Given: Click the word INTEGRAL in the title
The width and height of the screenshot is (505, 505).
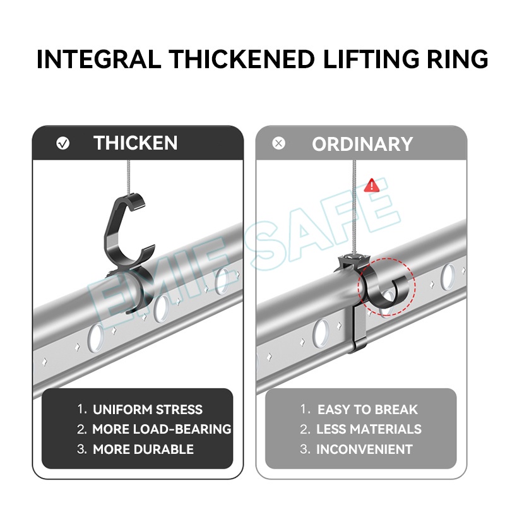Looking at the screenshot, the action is click(99, 59).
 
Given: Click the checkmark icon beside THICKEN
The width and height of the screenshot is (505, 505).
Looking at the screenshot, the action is click(62, 143).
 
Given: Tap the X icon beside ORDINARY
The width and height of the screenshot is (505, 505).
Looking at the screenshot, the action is click(278, 143).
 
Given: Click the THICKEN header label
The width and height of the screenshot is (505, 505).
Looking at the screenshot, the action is click(135, 143).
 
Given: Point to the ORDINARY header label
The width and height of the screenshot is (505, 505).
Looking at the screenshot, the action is click(362, 144).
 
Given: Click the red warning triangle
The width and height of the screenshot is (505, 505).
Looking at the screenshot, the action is click(372, 185).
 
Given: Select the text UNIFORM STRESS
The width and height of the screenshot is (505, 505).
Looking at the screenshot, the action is click(148, 410).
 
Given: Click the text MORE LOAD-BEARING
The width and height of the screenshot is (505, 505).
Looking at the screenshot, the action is click(162, 429).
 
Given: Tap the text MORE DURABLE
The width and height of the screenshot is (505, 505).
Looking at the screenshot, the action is click(143, 449).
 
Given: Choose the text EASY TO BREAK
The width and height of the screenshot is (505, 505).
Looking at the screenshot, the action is click(367, 410).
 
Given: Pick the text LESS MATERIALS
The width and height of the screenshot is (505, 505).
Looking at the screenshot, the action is click(369, 429).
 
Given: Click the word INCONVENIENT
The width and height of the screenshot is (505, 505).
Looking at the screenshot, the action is click(364, 449).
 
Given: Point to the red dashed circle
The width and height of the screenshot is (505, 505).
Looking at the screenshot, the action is click(386, 258).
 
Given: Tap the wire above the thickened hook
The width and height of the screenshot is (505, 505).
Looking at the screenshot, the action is click(129, 177).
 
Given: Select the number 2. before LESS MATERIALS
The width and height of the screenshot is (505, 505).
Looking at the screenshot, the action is click(305, 429).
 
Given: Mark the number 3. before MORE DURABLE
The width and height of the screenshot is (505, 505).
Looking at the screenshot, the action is click(82, 449).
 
